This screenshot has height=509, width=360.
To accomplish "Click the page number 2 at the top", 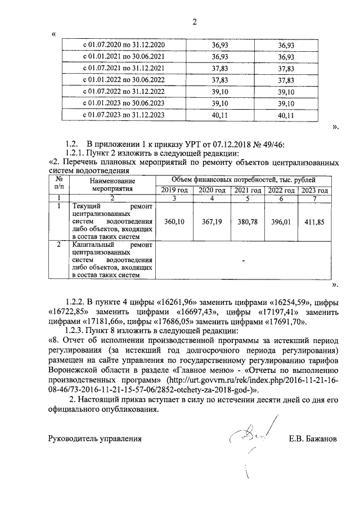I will pyautogui.click(x=195, y=22).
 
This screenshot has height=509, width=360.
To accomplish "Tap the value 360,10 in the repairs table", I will pyautogui.click(x=174, y=222).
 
